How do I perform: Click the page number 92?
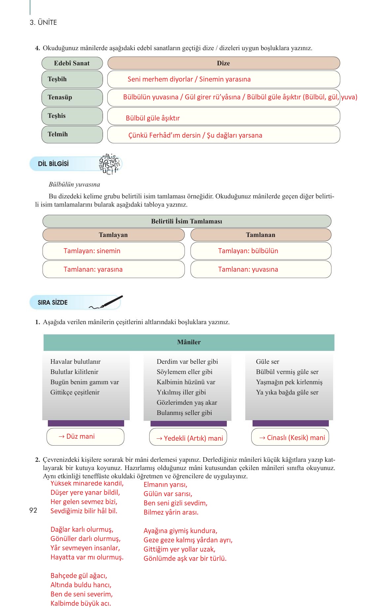tap(33, 510)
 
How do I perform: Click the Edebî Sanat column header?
tap(72, 63)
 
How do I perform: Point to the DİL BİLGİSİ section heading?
tap(53, 164)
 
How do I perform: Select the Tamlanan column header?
tap(260, 235)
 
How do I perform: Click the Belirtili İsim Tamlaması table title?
tap(187, 221)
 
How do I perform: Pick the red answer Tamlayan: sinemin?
tap(92, 251)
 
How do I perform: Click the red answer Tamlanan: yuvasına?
tap(248, 269)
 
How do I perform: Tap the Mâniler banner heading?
tap(189, 342)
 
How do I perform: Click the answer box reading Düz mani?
tap(85, 437)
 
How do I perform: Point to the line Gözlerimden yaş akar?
tap(187, 402)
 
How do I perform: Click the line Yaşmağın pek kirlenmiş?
tap(289, 382)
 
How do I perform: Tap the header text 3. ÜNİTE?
tap(43, 22)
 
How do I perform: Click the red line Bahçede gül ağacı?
tap(79, 576)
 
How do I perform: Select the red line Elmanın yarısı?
tap(165, 485)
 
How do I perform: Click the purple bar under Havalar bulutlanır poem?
tap(86, 423)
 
